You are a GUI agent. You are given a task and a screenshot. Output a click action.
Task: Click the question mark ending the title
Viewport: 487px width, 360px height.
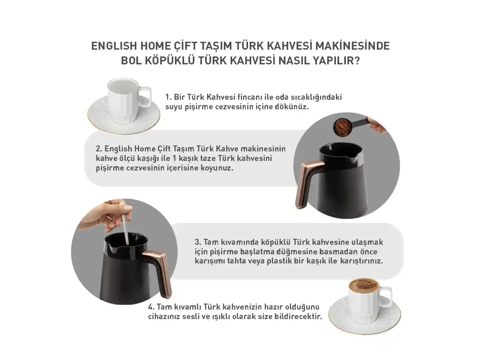pyautogui.click(x=357, y=60)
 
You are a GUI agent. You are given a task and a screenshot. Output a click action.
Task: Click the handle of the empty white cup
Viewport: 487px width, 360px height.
pyautogui.click(x=146, y=97)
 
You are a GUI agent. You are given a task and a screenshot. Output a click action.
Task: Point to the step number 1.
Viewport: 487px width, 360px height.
pyautogui.click(x=168, y=97)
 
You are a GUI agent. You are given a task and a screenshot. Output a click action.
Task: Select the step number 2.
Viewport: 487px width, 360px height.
pyautogui.click(x=99, y=149)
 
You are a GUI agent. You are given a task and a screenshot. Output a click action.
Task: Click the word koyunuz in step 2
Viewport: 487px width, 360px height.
pyautogui.click(x=217, y=168)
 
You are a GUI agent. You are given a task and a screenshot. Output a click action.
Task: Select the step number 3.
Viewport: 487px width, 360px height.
pyautogui.click(x=198, y=242)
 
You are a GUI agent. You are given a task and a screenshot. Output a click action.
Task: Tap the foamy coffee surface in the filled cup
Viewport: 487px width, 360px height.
pyautogui.click(x=364, y=285)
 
